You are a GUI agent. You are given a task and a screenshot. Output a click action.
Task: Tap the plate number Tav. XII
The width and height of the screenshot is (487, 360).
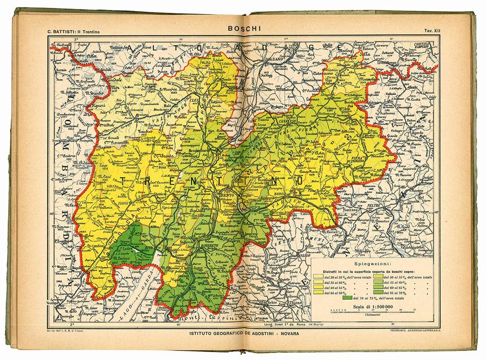tap(432, 31)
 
